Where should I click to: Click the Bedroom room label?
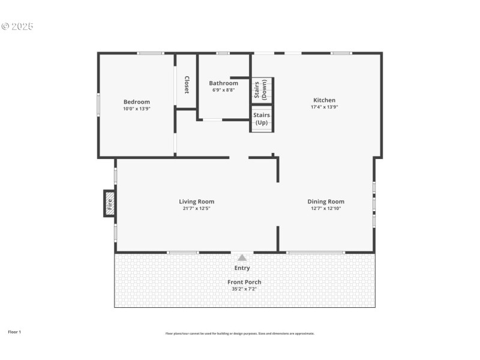pyautogui.click(x=136, y=102)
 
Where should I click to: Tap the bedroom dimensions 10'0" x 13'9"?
pyautogui.click(x=136, y=109)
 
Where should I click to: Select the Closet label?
pyautogui.click(x=187, y=85)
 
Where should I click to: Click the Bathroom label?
pyautogui.click(x=223, y=83)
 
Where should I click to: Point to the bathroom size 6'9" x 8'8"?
pyautogui.click(x=223, y=90)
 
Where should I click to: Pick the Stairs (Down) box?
pyautogui.click(x=262, y=90)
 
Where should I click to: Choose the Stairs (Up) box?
pyautogui.click(x=262, y=118)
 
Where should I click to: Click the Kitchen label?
pyautogui.click(x=324, y=100)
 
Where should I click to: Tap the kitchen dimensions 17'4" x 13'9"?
pyautogui.click(x=324, y=107)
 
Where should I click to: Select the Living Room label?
pyautogui.click(x=196, y=202)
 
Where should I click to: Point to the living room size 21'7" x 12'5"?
pyautogui.click(x=196, y=209)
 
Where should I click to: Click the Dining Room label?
pyautogui.click(x=326, y=202)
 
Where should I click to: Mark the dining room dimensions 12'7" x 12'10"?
pyautogui.click(x=326, y=209)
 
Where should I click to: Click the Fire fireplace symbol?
pyautogui.click(x=109, y=203)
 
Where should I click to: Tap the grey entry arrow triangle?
pyautogui.click(x=242, y=257)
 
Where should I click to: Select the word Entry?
pyautogui.click(x=242, y=268)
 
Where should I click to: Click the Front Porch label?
pyautogui.click(x=244, y=282)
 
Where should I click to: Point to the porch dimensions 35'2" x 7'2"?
pyautogui.click(x=244, y=289)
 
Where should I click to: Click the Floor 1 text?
pyautogui.click(x=14, y=332)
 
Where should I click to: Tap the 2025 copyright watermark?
pyautogui.click(x=17, y=26)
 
